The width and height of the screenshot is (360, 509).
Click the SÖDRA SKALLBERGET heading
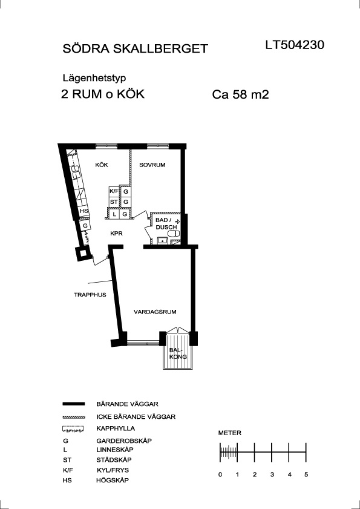[x=135, y=48]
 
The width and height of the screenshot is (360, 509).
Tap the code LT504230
[x=295, y=45]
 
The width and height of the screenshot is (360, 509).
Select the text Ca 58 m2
[x=241, y=95]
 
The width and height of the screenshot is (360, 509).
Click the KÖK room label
[x=102, y=165]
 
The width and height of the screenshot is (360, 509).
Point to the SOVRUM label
[x=152, y=165]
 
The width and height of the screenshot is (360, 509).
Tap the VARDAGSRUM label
[x=155, y=312]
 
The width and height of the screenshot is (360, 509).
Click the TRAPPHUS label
[x=90, y=295]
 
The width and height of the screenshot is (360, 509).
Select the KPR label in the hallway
[x=116, y=234]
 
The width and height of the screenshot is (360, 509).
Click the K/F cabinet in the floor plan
[x=114, y=191]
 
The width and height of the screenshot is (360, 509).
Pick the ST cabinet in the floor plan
[x=114, y=202]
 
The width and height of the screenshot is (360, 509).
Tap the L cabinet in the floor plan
[x=114, y=214]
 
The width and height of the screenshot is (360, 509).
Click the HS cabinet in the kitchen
[x=84, y=211]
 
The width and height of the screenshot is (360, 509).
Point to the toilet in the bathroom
[x=175, y=234]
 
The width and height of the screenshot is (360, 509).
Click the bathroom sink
[x=162, y=240]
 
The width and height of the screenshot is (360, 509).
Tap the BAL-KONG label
[x=178, y=353]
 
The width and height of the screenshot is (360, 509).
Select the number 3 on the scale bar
[x=272, y=475]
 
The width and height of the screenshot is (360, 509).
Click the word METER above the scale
[x=229, y=433]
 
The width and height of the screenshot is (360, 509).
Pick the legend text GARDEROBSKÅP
[x=124, y=441]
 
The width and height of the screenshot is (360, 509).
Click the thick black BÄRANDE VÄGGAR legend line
[x=73, y=404]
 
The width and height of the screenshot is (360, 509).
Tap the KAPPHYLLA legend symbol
[x=73, y=429]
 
